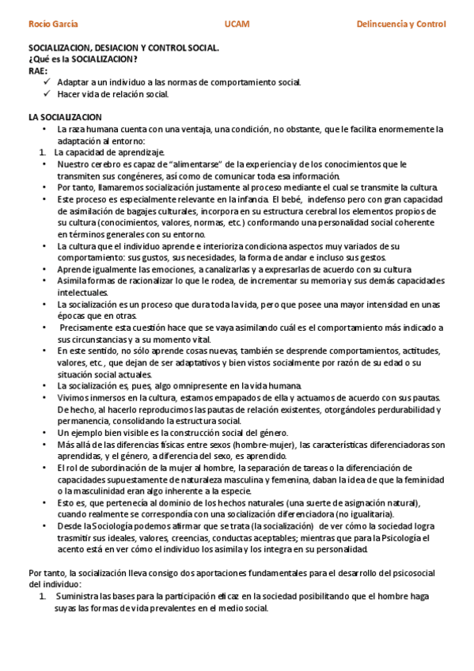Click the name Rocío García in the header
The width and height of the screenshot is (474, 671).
tap(53, 25)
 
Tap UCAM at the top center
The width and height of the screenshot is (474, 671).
tap(237, 25)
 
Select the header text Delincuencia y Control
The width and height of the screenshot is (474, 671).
tap(401, 25)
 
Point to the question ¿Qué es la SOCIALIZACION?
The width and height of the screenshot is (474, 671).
tap(82, 59)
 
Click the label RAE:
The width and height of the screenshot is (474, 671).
tap(37, 70)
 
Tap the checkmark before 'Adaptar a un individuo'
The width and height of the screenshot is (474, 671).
tap(47, 82)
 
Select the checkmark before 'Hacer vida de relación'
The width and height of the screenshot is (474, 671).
tap(47, 93)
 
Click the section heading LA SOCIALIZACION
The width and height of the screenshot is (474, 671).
tap(64, 117)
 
